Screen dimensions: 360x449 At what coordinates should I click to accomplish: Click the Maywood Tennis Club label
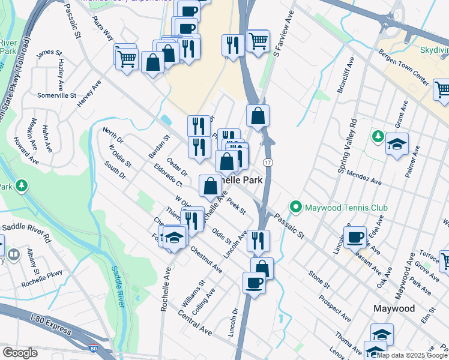click(346, 208)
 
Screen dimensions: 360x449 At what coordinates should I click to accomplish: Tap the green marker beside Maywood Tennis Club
click(295, 208)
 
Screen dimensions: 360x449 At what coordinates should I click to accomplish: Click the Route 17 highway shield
click(268, 163)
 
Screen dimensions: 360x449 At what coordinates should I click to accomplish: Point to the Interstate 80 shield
click(93, 348)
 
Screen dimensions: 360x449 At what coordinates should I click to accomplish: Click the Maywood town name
click(394, 308)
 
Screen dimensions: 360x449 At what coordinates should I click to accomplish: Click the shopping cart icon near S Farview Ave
click(258, 41)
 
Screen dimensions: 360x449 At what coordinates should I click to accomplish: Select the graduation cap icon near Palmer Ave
click(397, 144)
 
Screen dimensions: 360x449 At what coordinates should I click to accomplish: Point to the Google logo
click(20, 353)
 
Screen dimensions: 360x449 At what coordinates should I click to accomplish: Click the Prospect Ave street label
click(334, 308)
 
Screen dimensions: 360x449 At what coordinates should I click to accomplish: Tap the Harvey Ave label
click(89, 94)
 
